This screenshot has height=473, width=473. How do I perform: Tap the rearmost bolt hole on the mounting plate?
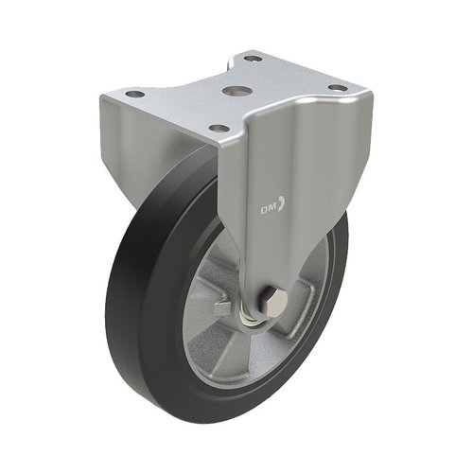[x=249, y=59]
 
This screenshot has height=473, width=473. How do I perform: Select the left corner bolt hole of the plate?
[x=134, y=94]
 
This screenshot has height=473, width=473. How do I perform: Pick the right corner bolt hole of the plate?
[x=337, y=87]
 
